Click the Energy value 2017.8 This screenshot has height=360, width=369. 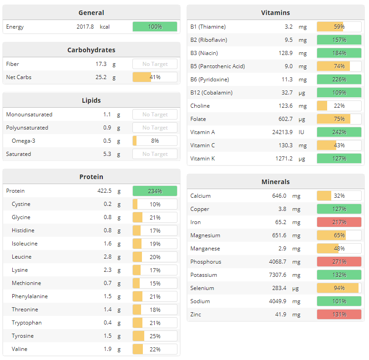click(85, 27)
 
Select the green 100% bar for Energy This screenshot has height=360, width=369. click(155, 27)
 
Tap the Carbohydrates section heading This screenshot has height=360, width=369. click(91, 50)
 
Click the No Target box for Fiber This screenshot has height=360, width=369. click(155, 64)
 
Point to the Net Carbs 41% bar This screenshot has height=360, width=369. click(155, 77)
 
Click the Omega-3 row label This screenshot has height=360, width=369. click(23, 141)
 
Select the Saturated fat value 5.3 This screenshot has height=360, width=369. click(107, 154)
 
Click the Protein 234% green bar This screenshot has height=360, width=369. click(155, 191)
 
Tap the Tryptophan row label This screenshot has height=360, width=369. click(26, 323)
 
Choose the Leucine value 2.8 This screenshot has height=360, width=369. click(107, 257)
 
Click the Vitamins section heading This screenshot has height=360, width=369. click(275, 13)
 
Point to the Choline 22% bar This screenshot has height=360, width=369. click(339, 106)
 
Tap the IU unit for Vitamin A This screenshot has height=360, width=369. click(301, 132)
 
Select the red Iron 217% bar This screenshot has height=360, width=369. click(339, 222)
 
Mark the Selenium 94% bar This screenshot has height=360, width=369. click(339, 288)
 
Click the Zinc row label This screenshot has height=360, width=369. click(196, 315)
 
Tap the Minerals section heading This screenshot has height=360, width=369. click(275, 182)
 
